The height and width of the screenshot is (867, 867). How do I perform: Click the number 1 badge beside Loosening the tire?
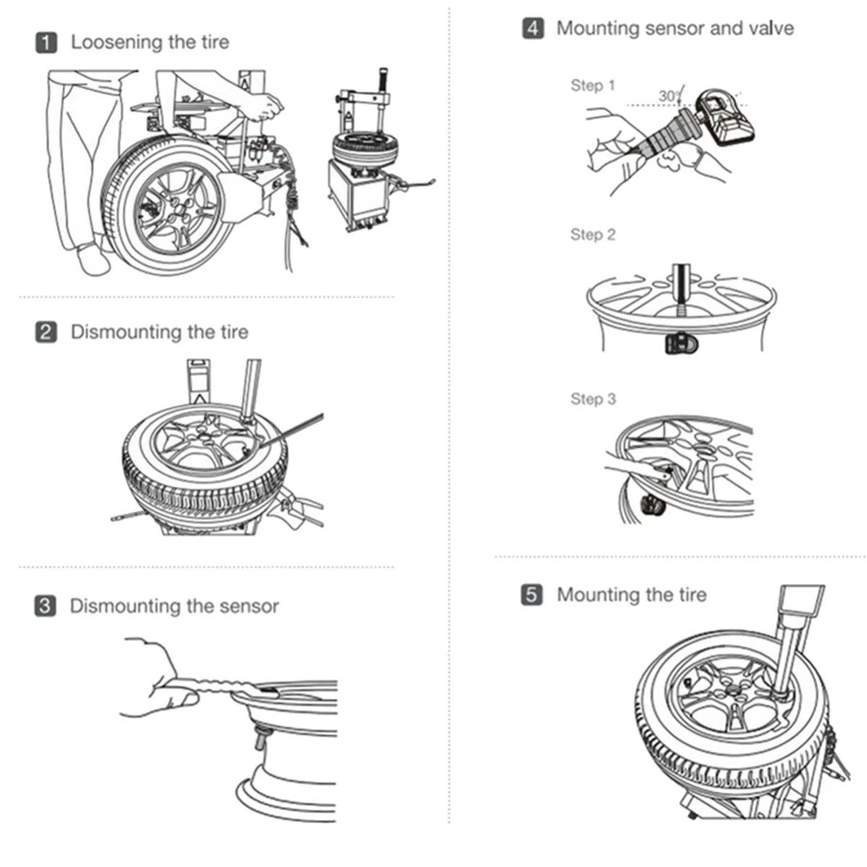(46, 43)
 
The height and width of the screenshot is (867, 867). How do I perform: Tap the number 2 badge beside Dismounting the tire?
(46, 332)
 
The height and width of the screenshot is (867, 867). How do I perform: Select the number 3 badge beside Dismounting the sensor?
(46, 605)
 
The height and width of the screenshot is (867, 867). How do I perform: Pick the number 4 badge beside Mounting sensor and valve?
(532, 28)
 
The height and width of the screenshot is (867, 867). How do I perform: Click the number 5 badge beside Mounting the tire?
(532, 595)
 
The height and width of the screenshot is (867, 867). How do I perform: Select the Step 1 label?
(592, 85)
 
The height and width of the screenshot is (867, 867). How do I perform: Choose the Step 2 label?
(592, 234)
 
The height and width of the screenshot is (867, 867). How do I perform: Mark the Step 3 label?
(593, 399)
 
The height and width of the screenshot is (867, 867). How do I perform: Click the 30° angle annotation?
(669, 96)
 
